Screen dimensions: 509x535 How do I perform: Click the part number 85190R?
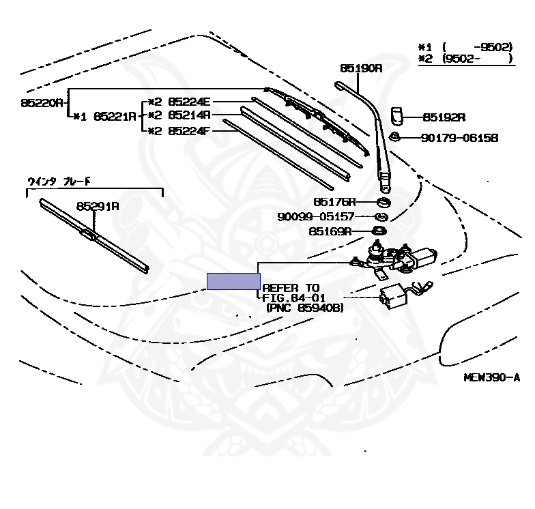tap(361, 68)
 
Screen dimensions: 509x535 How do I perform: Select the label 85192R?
tap(444, 117)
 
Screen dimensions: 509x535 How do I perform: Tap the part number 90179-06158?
tap(459, 138)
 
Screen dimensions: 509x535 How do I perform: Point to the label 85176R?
tap(334, 202)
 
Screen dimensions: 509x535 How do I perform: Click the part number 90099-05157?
tap(316, 216)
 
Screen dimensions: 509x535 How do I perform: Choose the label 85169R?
tap(330, 231)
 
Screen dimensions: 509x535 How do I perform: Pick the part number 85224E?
tap(190, 102)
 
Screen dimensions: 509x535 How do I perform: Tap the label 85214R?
tap(190, 115)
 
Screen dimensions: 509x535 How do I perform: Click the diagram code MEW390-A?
tap(491, 377)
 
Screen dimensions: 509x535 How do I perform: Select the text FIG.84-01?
tap(295, 298)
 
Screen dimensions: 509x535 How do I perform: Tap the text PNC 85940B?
tap(304, 308)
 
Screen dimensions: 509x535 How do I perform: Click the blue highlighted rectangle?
tap(233, 280)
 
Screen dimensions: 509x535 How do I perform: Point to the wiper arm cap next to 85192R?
tap(399, 115)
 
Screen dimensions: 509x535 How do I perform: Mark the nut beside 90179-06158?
tap(394, 138)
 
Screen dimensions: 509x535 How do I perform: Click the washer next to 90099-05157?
tap(382, 216)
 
